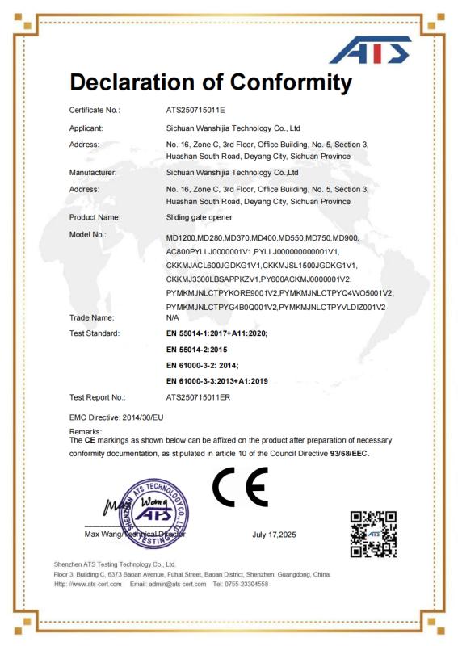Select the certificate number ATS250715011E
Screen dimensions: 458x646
[x=195, y=108]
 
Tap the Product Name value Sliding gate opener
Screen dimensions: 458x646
[x=199, y=217]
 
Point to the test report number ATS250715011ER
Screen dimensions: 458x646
[x=198, y=397]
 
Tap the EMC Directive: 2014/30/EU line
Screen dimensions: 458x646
[x=117, y=417]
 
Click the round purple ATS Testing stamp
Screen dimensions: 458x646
[x=153, y=511]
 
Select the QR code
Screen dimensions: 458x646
[x=372, y=534]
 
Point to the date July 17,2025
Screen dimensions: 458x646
[x=275, y=535]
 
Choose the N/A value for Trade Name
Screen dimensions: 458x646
[x=173, y=318]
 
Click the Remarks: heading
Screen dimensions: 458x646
[x=86, y=433]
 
